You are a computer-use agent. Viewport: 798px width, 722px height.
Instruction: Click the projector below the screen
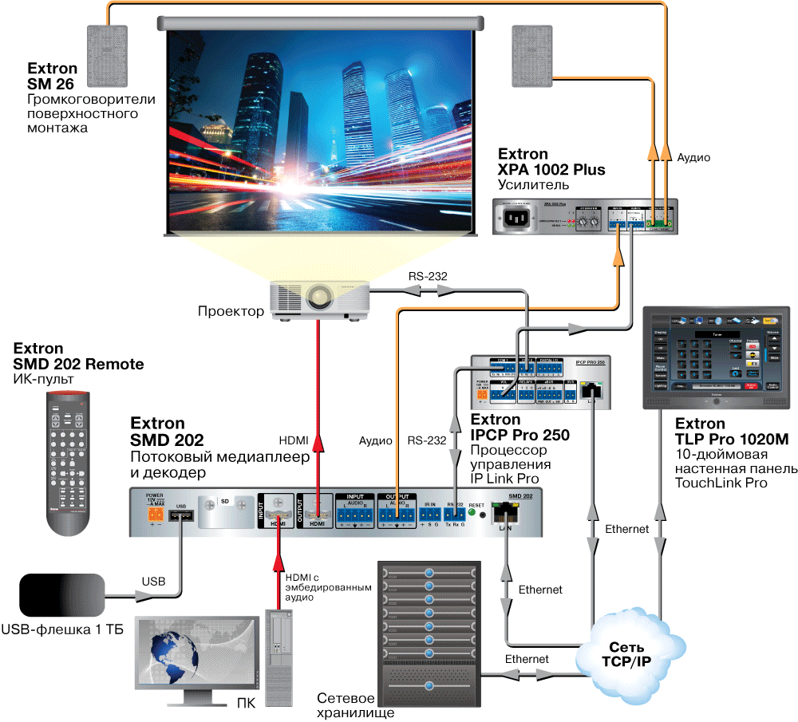click(x=318, y=302)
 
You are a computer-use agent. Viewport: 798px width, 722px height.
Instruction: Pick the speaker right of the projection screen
click(x=532, y=55)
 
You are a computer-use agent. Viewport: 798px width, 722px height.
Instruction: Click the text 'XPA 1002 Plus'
click(x=551, y=170)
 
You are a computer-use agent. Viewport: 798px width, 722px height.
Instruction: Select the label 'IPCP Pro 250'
click(x=520, y=436)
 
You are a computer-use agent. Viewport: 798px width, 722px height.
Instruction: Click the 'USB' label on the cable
click(x=153, y=582)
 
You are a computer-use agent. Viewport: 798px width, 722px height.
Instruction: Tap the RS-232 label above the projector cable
click(x=428, y=276)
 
